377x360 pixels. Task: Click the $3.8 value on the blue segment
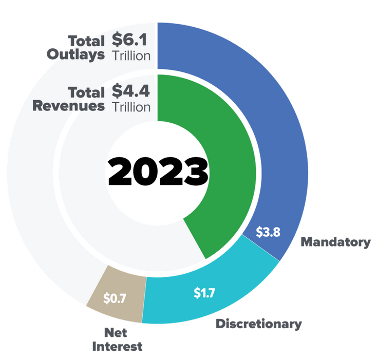coord(268,232)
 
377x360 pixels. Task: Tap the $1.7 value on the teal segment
coord(204,293)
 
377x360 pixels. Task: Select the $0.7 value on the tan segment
coord(115,298)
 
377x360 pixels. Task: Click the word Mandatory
coord(335,242)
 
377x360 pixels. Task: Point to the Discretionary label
coord(259,324)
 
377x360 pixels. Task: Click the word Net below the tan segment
coord(116,333)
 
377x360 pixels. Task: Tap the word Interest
coord(117,347)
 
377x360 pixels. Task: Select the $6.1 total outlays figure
coord(129,40)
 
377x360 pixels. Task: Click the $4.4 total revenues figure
coord(131,91)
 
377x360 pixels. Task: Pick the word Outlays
coord(76,54)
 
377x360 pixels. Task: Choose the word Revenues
coord(68,106)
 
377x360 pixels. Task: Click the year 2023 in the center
coord(158,171)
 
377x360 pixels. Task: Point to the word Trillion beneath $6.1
coord(131,56)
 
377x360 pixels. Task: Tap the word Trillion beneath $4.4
coord(131,107)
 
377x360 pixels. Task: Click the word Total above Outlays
coord(86,41)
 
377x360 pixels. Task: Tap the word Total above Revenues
coord(86,92)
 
